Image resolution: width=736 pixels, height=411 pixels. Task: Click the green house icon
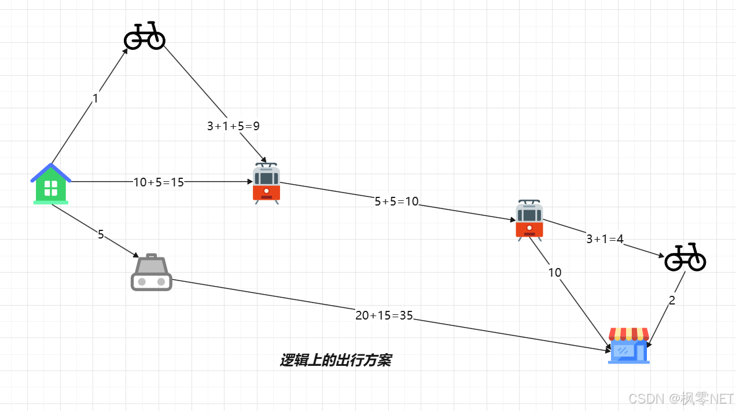51,184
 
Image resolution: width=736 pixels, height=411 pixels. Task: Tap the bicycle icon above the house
145,36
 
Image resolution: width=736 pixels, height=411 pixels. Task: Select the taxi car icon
152,273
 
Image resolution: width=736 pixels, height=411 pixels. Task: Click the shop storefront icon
629,346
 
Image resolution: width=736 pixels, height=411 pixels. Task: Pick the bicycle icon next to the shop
685,258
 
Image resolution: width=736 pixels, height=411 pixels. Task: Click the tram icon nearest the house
266,184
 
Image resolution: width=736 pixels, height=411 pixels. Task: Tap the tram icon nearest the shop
529,221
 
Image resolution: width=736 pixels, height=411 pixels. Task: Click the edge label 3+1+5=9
233,126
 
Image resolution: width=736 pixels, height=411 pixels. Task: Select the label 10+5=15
159,182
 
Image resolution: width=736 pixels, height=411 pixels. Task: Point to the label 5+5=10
396,201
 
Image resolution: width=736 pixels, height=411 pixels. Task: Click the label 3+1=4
605,238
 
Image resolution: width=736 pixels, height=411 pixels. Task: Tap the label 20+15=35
384,315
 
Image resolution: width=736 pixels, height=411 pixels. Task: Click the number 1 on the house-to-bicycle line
95,99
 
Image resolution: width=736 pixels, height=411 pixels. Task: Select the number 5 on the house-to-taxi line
101,234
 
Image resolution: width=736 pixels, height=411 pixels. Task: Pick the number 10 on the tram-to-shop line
554,273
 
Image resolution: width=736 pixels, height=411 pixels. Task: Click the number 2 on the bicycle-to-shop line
672,300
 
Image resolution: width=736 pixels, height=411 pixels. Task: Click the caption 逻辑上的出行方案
336,361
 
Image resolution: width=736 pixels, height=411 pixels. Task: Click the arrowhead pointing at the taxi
136,255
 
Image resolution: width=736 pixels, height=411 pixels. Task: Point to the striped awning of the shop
629,334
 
